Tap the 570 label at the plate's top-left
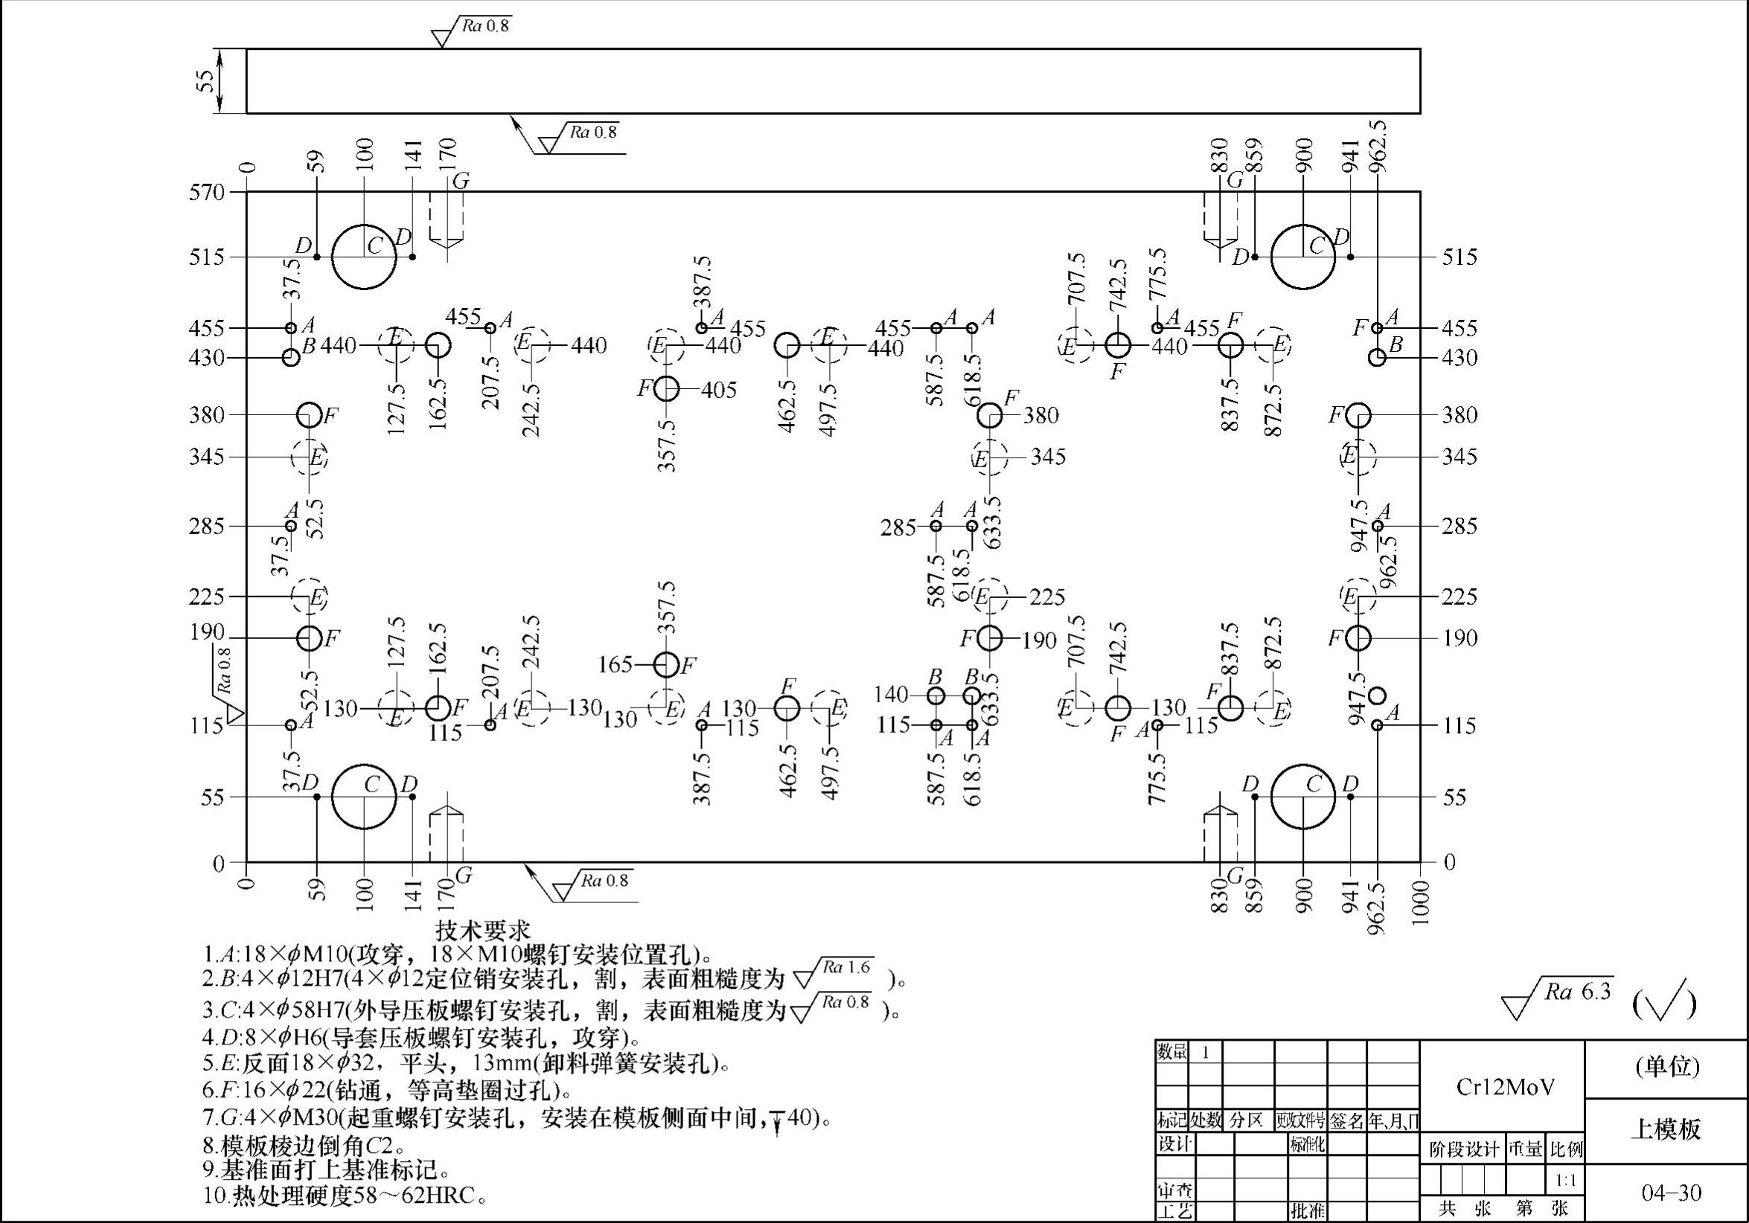pyautogui.click(x=206, y=192)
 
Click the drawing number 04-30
pyautogui.click(x=1672, y=1192)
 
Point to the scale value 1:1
pyautogui.click(x=1566, y=1182)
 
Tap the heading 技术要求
pyautogui.click(x=483, y=931)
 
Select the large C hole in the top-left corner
pyautogui.click(x=364, y=257)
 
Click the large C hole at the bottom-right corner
pyautogui.click(x=1303, y=797)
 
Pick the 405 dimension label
pyautogui.click(x=719, y=390)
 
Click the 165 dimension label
pyautogui.click(x=615, y=665)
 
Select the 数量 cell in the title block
pyautogui.click(x=1171, y=1053)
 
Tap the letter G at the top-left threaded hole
pyautogui.click(x=461, y=182)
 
